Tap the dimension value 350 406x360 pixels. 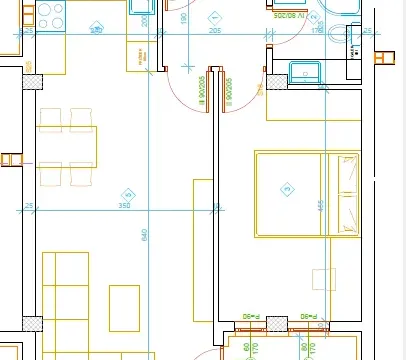click(x=124, y=206)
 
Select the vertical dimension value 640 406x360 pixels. click(x=144, y=235)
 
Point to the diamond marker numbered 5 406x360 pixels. click(x=127, y=194)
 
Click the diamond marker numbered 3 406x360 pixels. click(x=287, y=188)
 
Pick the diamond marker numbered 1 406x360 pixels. click(x=215, y=17)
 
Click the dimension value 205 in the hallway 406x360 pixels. click(x=214, y=31)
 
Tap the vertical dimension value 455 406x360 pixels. click(x=320, y=205)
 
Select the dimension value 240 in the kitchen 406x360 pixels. click(x=96, y=31)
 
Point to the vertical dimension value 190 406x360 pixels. click(x=183, y=17)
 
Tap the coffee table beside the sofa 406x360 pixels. click(x=124, y=308)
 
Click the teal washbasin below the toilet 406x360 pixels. click(x=303, y=73)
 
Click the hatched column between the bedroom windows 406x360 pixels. click(x=277, y=323)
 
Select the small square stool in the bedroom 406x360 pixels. click(x=322, y=279)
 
